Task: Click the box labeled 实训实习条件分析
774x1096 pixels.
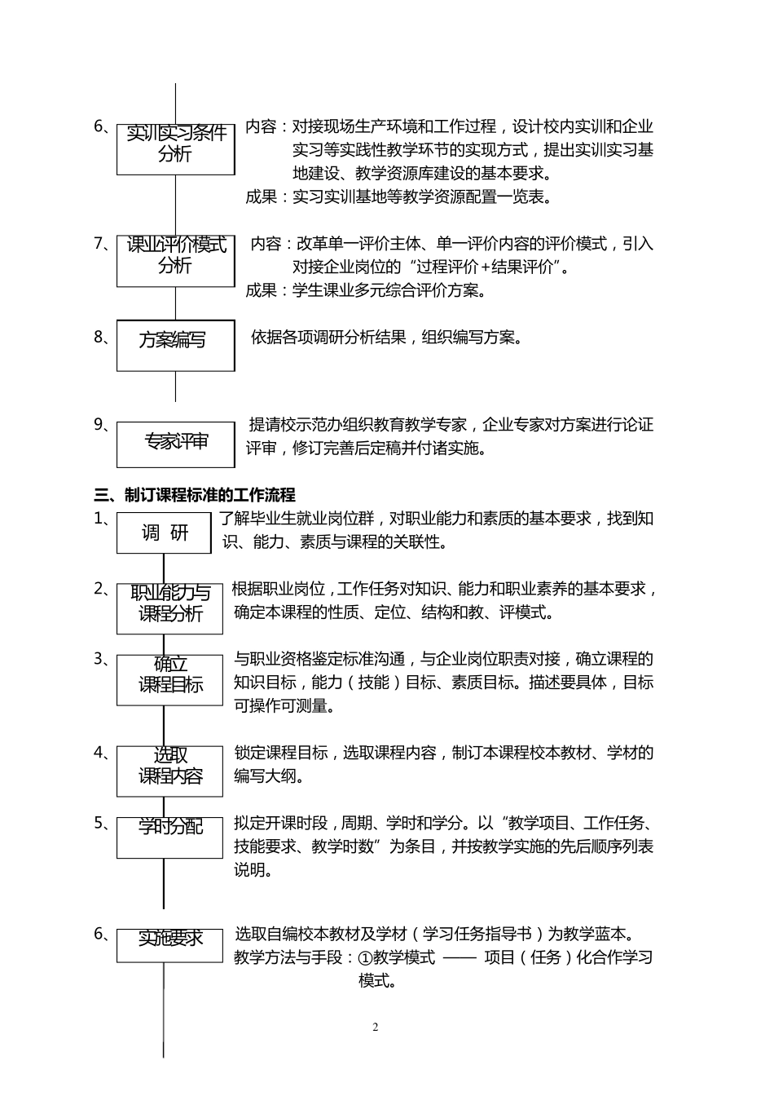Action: coord(175,149)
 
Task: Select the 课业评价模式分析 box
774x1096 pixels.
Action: coord(175,260)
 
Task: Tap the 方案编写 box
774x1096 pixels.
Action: coord(175,345)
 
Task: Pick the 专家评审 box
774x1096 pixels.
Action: coord(175,444)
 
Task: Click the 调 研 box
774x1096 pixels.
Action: coord(165,533)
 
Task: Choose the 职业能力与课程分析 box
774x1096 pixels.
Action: coord(169,608)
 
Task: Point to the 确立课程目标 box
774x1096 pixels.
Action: coord(169,680)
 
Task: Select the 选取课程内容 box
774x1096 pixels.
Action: coord(169,771)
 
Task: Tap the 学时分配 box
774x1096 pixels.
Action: coord(169,837)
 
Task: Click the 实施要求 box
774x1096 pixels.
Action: coord(169,945)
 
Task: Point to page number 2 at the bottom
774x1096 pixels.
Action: coord(376,1027)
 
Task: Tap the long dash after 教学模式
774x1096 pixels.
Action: coord(460,957)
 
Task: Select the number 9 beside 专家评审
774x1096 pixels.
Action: coord(99,424)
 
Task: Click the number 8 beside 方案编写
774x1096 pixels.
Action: coord(99,336)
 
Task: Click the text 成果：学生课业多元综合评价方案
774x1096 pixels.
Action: coord(366,290)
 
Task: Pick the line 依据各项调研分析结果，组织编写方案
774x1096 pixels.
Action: coord(385,338)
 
